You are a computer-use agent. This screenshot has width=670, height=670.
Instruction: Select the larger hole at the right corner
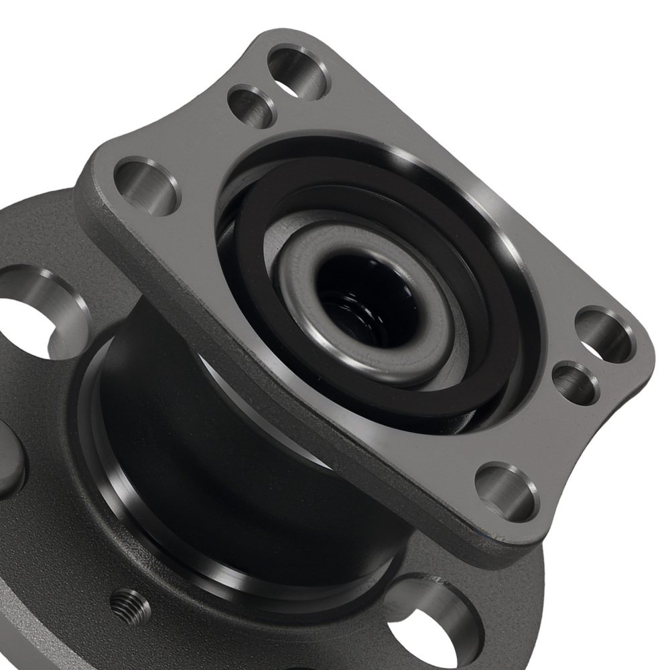604,334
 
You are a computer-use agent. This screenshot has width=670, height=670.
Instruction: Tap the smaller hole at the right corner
576,383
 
